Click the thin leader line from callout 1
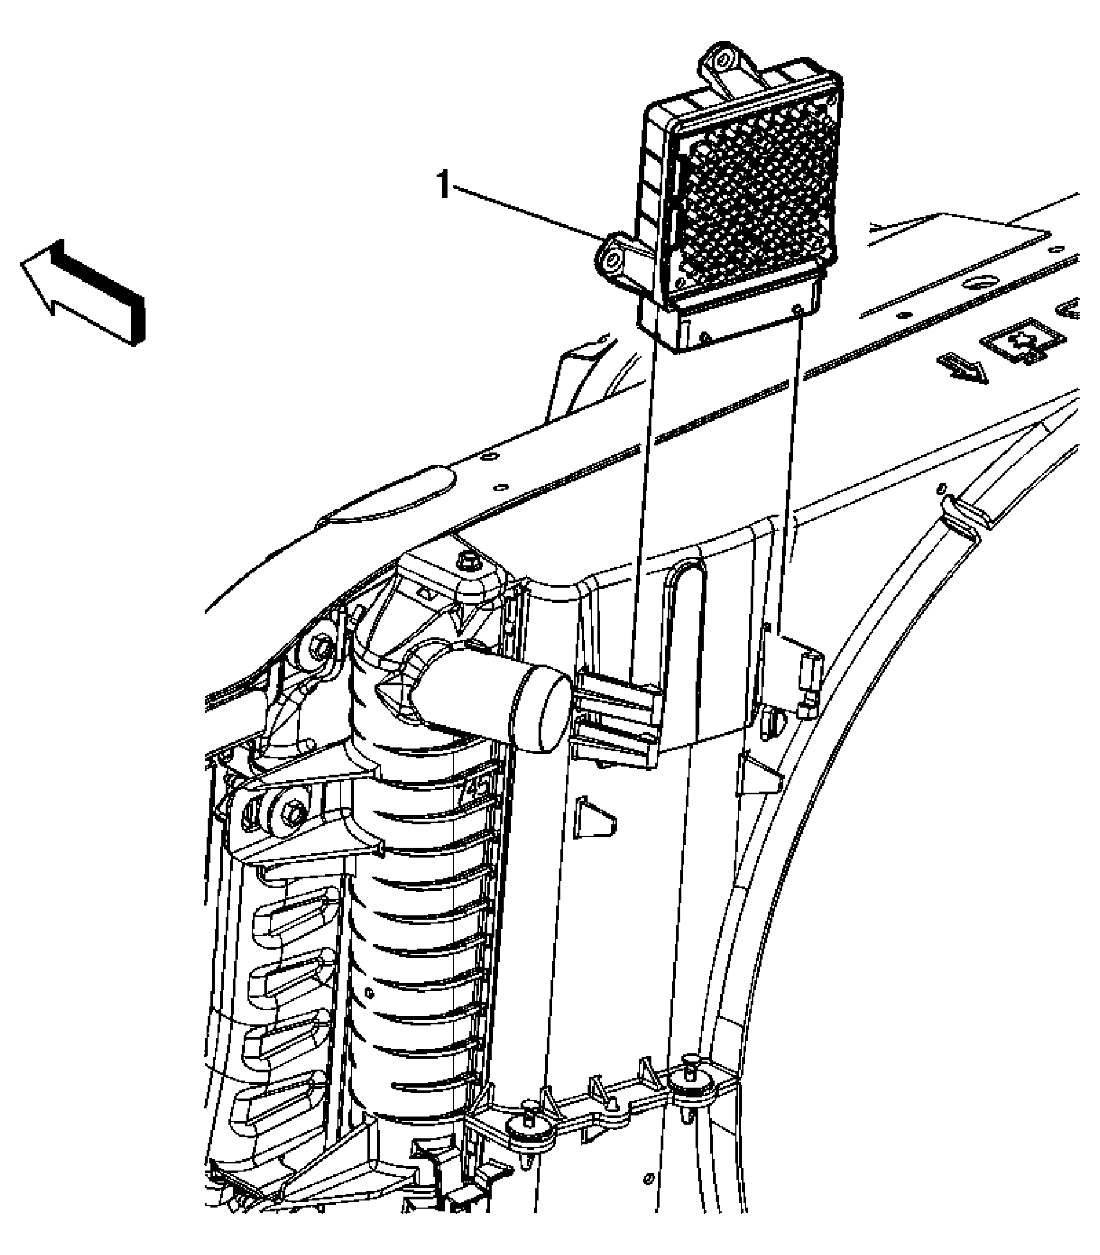[528, 213]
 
